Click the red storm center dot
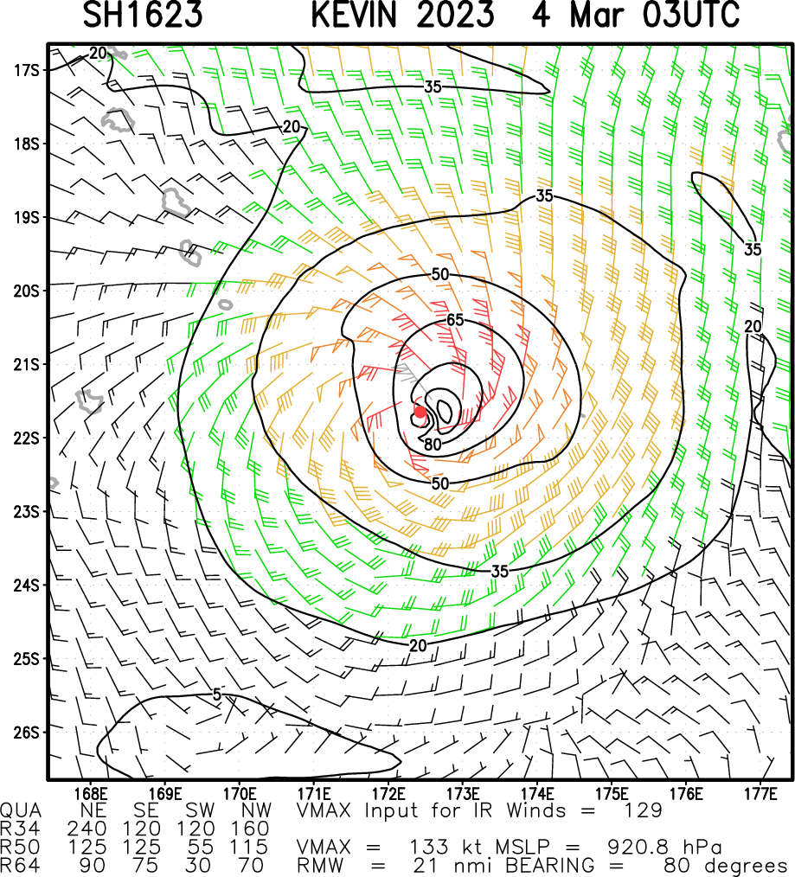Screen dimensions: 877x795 click(x=420, y=412)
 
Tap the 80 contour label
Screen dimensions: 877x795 click(x=433, y=445)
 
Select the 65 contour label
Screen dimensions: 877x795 click(x=456, y=320)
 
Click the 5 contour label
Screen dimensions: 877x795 click(x=218, y=694)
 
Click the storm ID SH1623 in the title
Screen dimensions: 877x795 click(x=143, y=16)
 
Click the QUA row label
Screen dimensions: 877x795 click(x=19, y=810)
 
